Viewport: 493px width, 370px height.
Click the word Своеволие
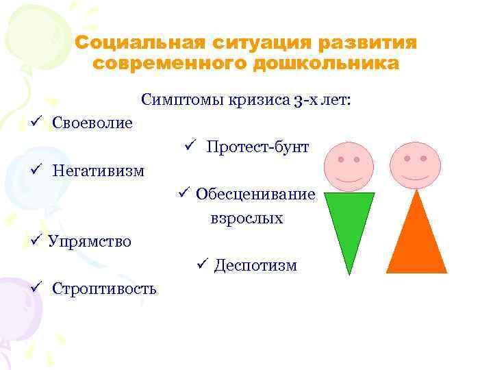click(x=92, y=123)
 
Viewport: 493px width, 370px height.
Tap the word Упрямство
click(x=90, y=241)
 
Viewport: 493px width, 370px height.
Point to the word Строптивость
click(x=104, y=288)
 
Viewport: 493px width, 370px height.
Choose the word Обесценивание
click(x=255, y=194)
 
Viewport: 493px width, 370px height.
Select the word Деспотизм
click(x=255, y=264)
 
